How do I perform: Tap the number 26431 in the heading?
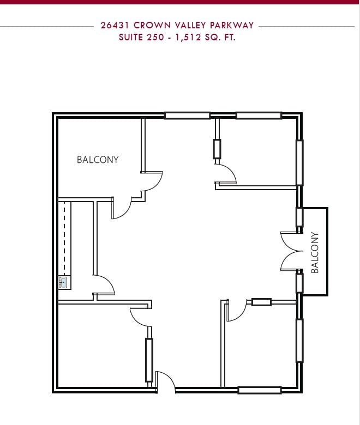(x=116, y=26)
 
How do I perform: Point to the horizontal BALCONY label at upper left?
(x=98, y=160)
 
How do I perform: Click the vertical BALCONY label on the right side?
(x=315, y=252)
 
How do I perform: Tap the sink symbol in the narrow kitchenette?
(x=63, y=282)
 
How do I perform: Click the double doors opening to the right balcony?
(x=289, y=251)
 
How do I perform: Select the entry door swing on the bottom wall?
(x=165, y=381)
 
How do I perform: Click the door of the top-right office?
(x=225, y=175)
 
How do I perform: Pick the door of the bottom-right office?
(x=236, y=311)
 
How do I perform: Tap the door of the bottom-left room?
(x=141, y=316)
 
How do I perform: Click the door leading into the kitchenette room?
(x=104, y=284)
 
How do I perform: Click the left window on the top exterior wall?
(x=187, y=116)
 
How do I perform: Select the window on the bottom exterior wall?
(x=260, y=390)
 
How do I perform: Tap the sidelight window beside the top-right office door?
(x=217, y=149)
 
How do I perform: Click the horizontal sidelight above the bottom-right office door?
(x=261, y=302)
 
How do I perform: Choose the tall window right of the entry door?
(x=149, y=360)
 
